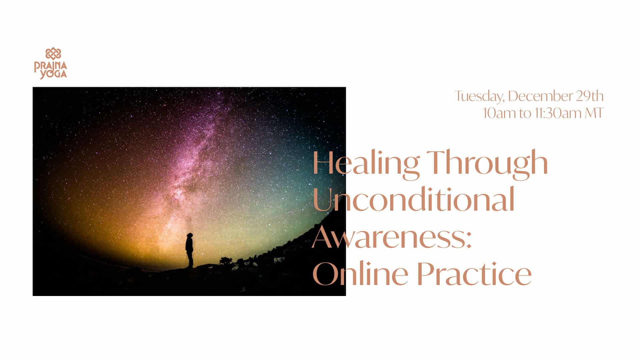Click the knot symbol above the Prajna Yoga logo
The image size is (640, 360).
click(53, 54)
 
